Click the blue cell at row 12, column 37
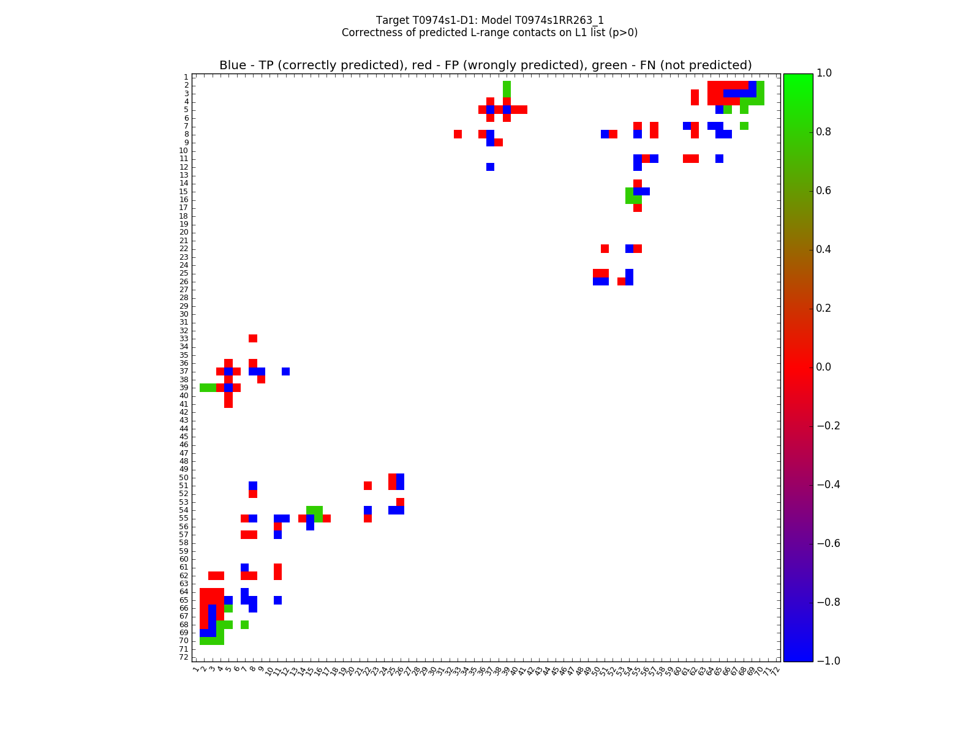[x=490, y=167]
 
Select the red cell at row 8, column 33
[x=458, y=134]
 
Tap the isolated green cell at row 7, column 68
[x=744, y=126]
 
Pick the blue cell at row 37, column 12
[x=285, y=371]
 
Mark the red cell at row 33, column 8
[x=253, y=338]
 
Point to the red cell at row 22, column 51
[x=605, y=249]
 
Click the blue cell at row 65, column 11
[x=277, y=600]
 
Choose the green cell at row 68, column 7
[x=245, y=625]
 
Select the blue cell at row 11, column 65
[x=719, y=159]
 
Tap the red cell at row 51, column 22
[x=367, y=486]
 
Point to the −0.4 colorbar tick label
[x=826, y=484]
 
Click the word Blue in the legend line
[x=233, y=66]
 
